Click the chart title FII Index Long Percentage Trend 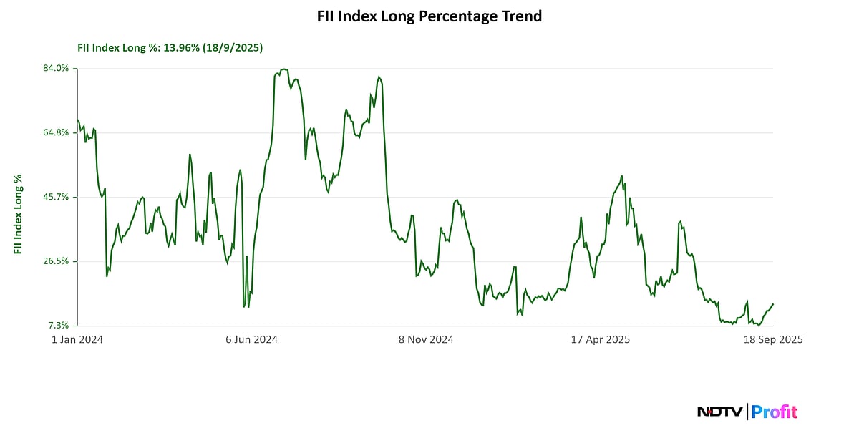429,16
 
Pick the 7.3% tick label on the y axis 59,326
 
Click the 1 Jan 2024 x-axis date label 77,340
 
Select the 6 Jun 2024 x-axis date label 252,340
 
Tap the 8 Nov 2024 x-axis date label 426,340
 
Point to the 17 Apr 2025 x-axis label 600,340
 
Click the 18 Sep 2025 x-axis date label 773,340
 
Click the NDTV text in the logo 720,412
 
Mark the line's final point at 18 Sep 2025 773,304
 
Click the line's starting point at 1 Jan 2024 77,120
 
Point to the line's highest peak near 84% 284,69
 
